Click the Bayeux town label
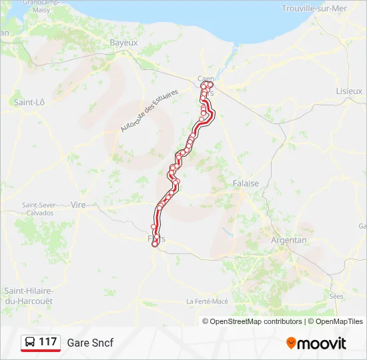[x=123, y=42]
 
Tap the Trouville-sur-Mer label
[x=315, y=8]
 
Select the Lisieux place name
[x=349, y=90]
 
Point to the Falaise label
[x=246, y=183]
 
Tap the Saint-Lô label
[x=29, y=102]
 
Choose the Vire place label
[x=79, y=205]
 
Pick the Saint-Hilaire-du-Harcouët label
[x=29, y=296]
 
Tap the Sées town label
[x=336, y=295]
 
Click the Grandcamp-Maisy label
[x=41, y=6]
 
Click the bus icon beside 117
[x=30, y=342]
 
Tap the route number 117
[x=48, y=342]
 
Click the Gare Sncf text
[x=90, y=343]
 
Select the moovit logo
[x=316, y=343]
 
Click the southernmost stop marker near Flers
[x=155, y=245]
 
